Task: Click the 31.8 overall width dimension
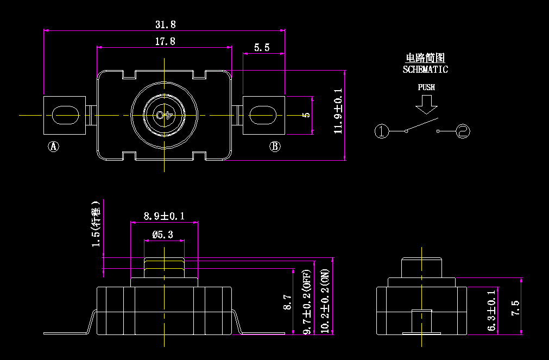point(165,24)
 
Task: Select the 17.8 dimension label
point(165,41)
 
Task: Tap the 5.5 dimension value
point(262,48)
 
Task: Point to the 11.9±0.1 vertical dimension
point(338,111)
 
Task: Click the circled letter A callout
point(54,146)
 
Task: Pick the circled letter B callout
point(275,146)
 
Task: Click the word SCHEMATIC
point(425,70)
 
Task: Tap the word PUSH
point(426,87)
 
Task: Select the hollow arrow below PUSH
point(426,104)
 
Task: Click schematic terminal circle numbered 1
point(382,131)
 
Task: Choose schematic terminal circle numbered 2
point(463,131)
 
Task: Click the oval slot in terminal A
point(65,115)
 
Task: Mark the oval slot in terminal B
point(263,115)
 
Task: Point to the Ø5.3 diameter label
point(163,235)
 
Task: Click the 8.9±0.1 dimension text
point(164,216)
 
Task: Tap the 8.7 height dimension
point(288,302)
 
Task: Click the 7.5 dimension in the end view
point(515,308)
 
